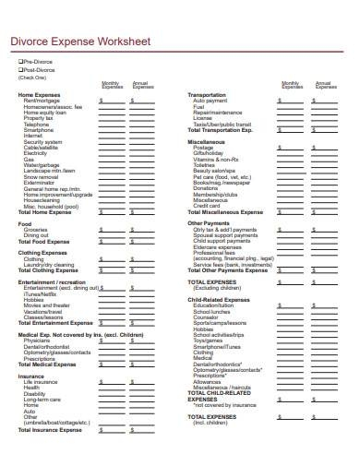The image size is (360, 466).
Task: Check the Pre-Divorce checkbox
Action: (x=20, y=63)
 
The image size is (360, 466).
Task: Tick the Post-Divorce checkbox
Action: (x=20, y=70)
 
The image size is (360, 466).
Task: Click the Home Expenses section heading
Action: (x=39, y=95)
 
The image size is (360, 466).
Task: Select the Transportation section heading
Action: (x=206, y=95)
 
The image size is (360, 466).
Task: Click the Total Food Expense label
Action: (x=43, y=241)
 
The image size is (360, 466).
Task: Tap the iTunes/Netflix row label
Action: (x=42, y=293)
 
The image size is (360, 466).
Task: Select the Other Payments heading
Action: (x=208, y=223)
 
